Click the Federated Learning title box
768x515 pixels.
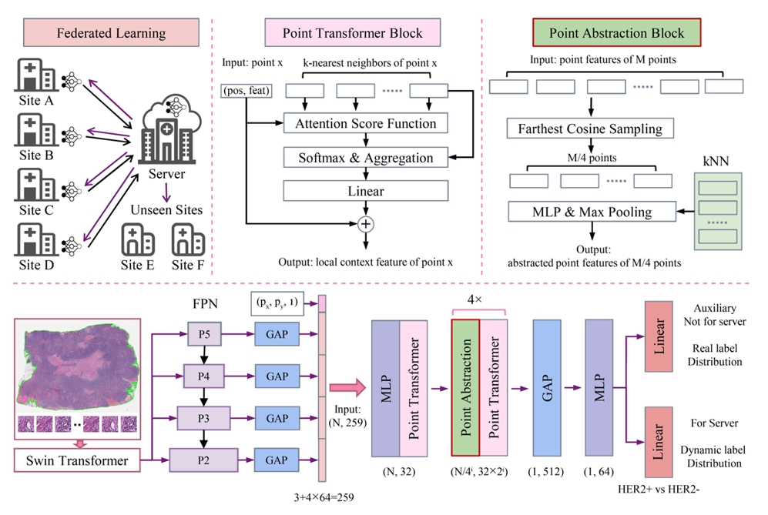(111, 33)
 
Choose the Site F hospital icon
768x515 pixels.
(187, 240)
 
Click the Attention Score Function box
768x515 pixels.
(365, 123)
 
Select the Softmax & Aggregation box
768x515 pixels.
(365, 158)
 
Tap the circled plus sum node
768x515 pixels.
(365, 224)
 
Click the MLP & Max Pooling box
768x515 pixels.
(590, 210)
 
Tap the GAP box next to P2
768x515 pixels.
(277, 460)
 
